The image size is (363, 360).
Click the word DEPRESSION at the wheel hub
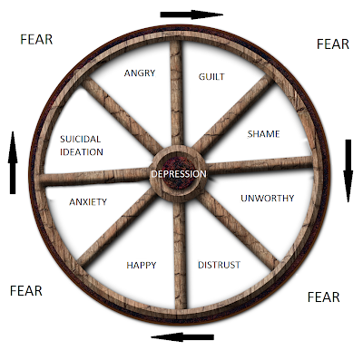click(180, 173)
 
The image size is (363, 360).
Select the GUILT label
click(211, 76)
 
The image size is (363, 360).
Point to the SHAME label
click(263, 134)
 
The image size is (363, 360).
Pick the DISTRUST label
click(219, 265)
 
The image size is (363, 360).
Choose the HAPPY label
click(140, 265)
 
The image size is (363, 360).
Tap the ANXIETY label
click(88, 201)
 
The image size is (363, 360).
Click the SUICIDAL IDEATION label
click(81, 146)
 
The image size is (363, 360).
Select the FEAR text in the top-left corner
click(36, 39)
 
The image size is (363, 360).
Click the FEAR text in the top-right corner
click(331, 44)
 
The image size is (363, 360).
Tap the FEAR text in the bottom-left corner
click(26, 291)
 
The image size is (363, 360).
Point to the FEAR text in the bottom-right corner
click(324, 297)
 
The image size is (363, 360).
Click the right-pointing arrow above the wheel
click(191, 15)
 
